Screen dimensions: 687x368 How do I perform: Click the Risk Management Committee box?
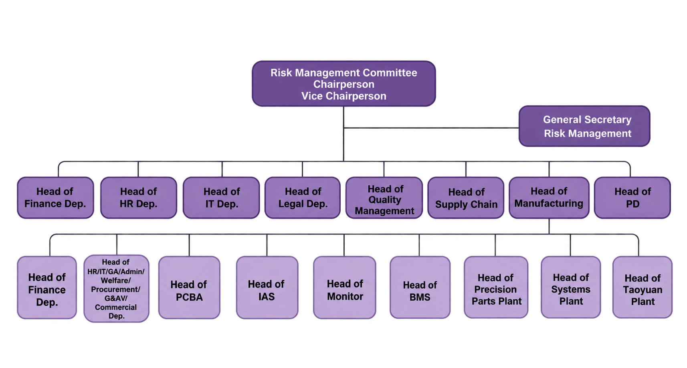[x=344, y=84]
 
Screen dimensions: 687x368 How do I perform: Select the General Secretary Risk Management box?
[x=584, y=126]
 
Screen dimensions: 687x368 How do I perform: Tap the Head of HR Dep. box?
[x=139, y=198]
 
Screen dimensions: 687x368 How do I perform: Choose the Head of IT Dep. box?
[x=221, y=198]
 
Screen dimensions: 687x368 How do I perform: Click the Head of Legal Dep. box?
[x=303, y=198]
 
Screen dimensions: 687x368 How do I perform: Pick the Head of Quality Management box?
[x=384, y=198]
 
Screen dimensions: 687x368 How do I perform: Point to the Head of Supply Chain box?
[x=466, y=198]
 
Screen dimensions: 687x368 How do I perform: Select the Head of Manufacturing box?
[x=549, y=198]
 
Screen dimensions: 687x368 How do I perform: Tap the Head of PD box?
[x=632, y=198]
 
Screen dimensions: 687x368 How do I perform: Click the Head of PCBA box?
[x=189, y=288]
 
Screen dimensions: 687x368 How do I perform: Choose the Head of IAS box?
[x=267, y=288]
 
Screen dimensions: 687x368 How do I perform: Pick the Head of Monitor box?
[x=344, y=288]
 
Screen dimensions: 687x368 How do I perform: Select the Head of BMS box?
[x=420, y=288]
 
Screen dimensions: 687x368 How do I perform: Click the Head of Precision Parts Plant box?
[x=496, y=287]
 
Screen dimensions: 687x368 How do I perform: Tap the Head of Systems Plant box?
[x=571, y=287]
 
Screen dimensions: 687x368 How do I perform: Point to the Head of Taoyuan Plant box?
[x=643, y=287]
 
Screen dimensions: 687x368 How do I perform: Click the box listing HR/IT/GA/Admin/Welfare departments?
[x=117, y=289]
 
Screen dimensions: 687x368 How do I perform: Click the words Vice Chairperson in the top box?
[x=344, y=96]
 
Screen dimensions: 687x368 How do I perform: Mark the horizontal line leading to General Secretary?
[x=431, y=128]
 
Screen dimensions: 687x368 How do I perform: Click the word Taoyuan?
[x=643, y=290]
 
